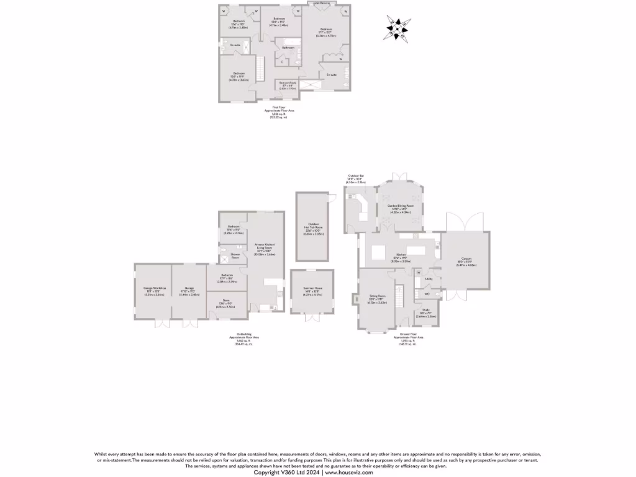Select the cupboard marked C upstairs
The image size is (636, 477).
tap(282, 61)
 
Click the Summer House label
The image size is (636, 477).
tap(312, 290)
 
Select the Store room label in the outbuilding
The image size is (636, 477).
tap(226, 302)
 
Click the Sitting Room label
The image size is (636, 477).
tap(378, 299)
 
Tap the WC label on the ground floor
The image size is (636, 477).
tap(427, 294)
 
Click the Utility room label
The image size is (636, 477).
tap(429, 279)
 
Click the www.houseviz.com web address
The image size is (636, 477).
tap(349, 473)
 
